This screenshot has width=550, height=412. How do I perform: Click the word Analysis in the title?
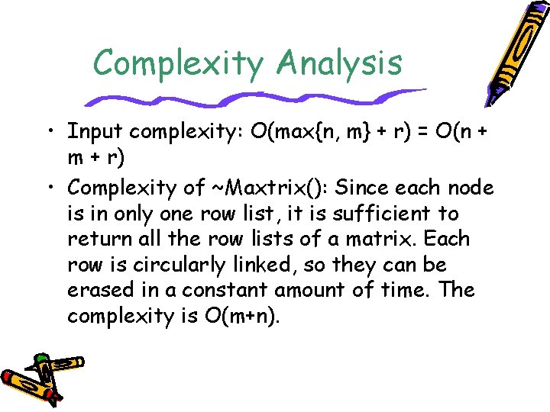pyautogui.click(x=340, y=63)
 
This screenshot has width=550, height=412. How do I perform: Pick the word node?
pyautogui.click(x=472, y=187)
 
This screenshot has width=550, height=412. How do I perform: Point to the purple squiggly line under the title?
pyautogui.click(x=252, y=98)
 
